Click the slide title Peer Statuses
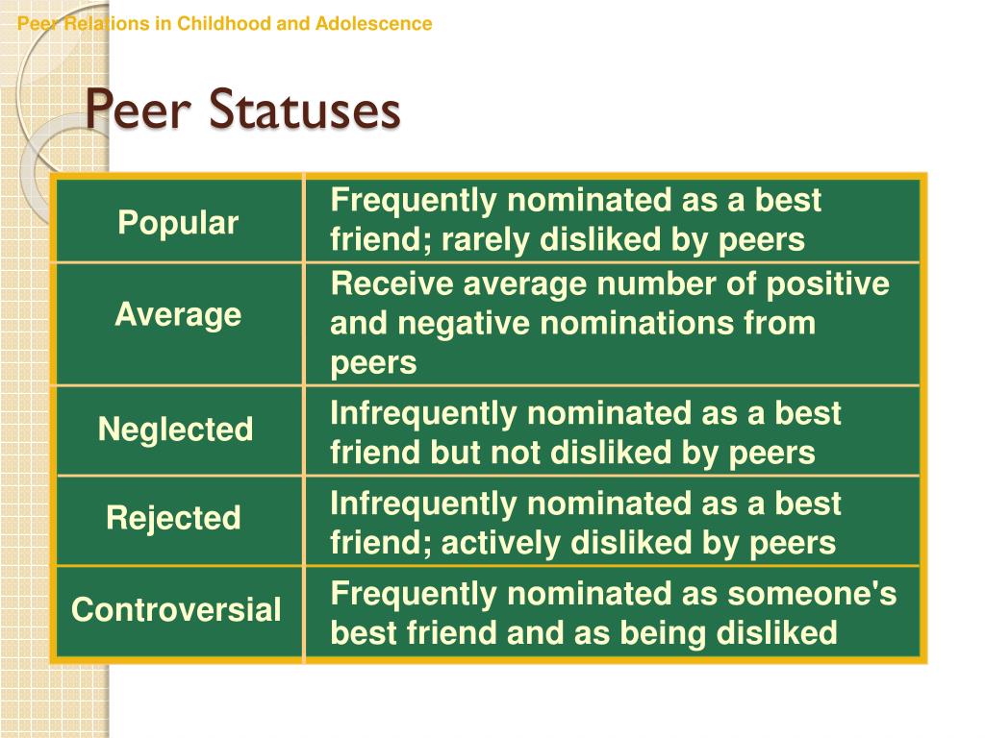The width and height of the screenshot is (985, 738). point(242,111)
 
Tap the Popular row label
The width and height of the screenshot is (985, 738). point(178,224)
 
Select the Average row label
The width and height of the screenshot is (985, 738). point(178,314)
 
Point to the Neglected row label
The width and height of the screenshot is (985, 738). point(175,429)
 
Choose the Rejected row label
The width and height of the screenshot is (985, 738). point(173,519)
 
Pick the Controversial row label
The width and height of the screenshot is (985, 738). point(176,609)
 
